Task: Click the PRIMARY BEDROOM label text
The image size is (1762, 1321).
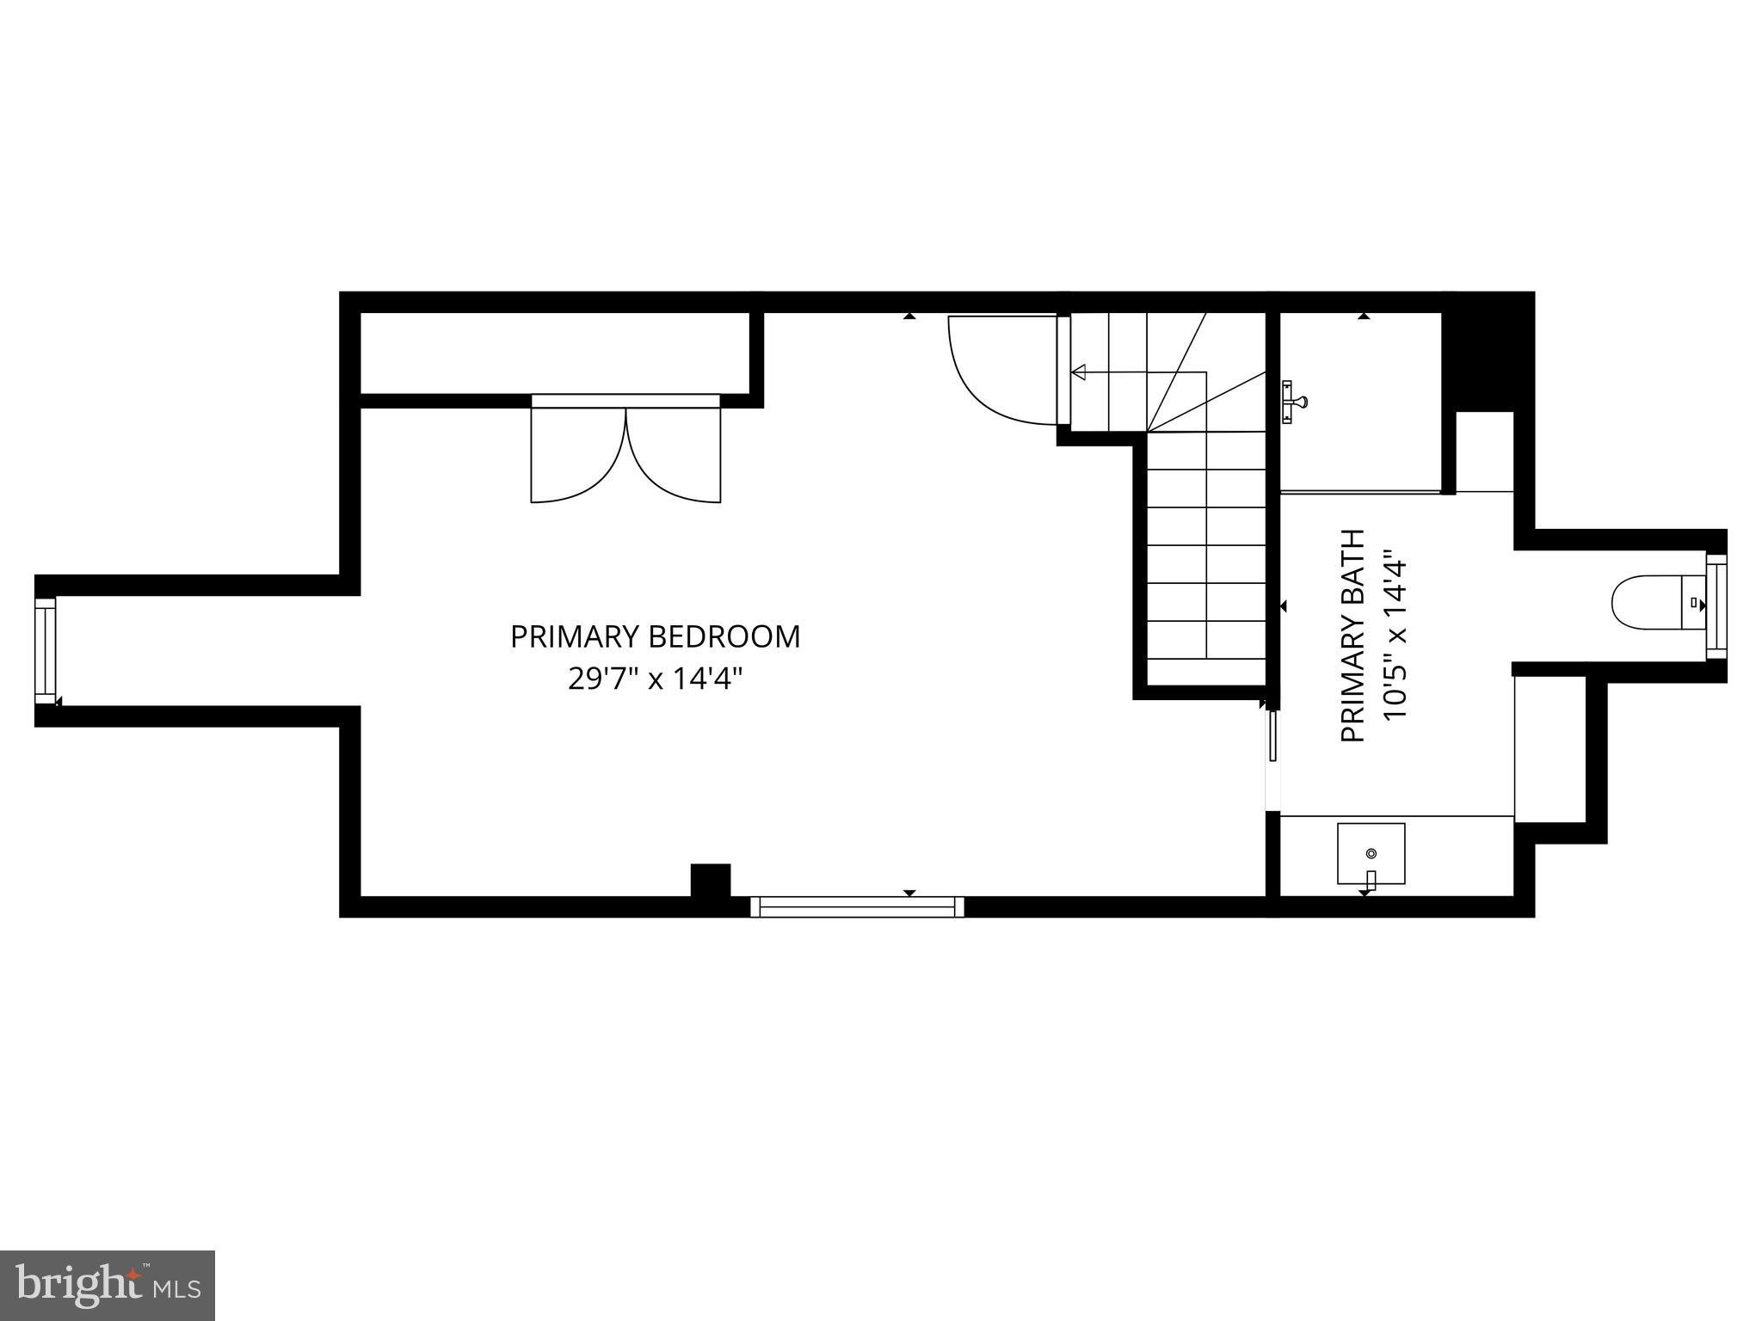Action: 655,637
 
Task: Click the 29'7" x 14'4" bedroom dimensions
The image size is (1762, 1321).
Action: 655,679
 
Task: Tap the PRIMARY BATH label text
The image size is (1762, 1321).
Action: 1353,636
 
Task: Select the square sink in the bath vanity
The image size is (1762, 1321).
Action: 1371,853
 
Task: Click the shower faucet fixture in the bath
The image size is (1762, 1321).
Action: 1291,402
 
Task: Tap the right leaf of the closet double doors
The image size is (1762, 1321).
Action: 674,456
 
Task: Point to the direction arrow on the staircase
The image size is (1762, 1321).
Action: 1079,372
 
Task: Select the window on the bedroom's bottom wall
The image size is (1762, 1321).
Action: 857,906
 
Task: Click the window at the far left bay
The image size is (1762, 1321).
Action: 45,651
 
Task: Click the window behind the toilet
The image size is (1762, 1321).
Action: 1716,607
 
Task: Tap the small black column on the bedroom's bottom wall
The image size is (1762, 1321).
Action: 711,880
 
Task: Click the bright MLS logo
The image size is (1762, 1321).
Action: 108,1285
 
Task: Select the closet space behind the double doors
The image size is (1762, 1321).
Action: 555,353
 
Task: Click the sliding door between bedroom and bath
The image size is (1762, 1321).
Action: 1272,735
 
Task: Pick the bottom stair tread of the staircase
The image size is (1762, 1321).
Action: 1206,639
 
